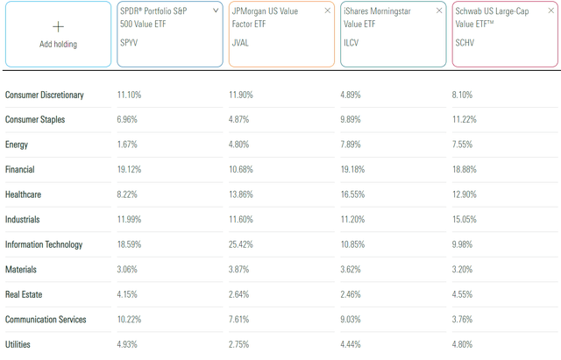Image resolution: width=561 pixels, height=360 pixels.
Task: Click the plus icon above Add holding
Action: coord(59,27)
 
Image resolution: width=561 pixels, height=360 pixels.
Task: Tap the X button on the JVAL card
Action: coord(328,11)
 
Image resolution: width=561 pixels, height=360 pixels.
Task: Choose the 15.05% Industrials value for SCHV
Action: coord(466,219)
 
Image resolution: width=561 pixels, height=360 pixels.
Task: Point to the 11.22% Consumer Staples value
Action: coord(466,118)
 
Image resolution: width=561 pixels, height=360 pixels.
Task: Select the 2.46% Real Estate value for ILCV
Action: coord(352,294)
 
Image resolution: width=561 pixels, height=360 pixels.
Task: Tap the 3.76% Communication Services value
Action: coord(465,320)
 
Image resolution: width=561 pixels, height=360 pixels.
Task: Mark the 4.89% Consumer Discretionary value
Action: coord(352,94)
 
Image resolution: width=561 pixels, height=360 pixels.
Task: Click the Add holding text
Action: coord(59,44)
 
